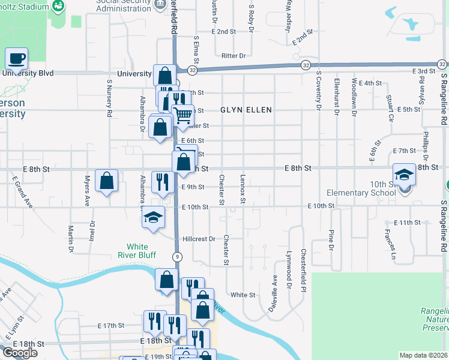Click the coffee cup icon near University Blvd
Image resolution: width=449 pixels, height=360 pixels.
(x=17, y=59)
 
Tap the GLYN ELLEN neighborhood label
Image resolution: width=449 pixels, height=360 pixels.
(x=246, y=110)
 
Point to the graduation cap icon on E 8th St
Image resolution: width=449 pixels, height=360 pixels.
(x=405, y=175)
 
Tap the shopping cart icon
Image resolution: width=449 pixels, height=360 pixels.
(x=184, y=113)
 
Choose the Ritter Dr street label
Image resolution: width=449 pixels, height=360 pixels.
(x=234, y=55)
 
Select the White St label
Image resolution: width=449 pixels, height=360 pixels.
(x=243, y=295)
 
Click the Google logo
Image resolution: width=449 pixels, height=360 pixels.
(x=20, y=353)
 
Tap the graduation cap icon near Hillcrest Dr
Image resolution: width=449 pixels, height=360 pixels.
(x=153, y=217)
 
